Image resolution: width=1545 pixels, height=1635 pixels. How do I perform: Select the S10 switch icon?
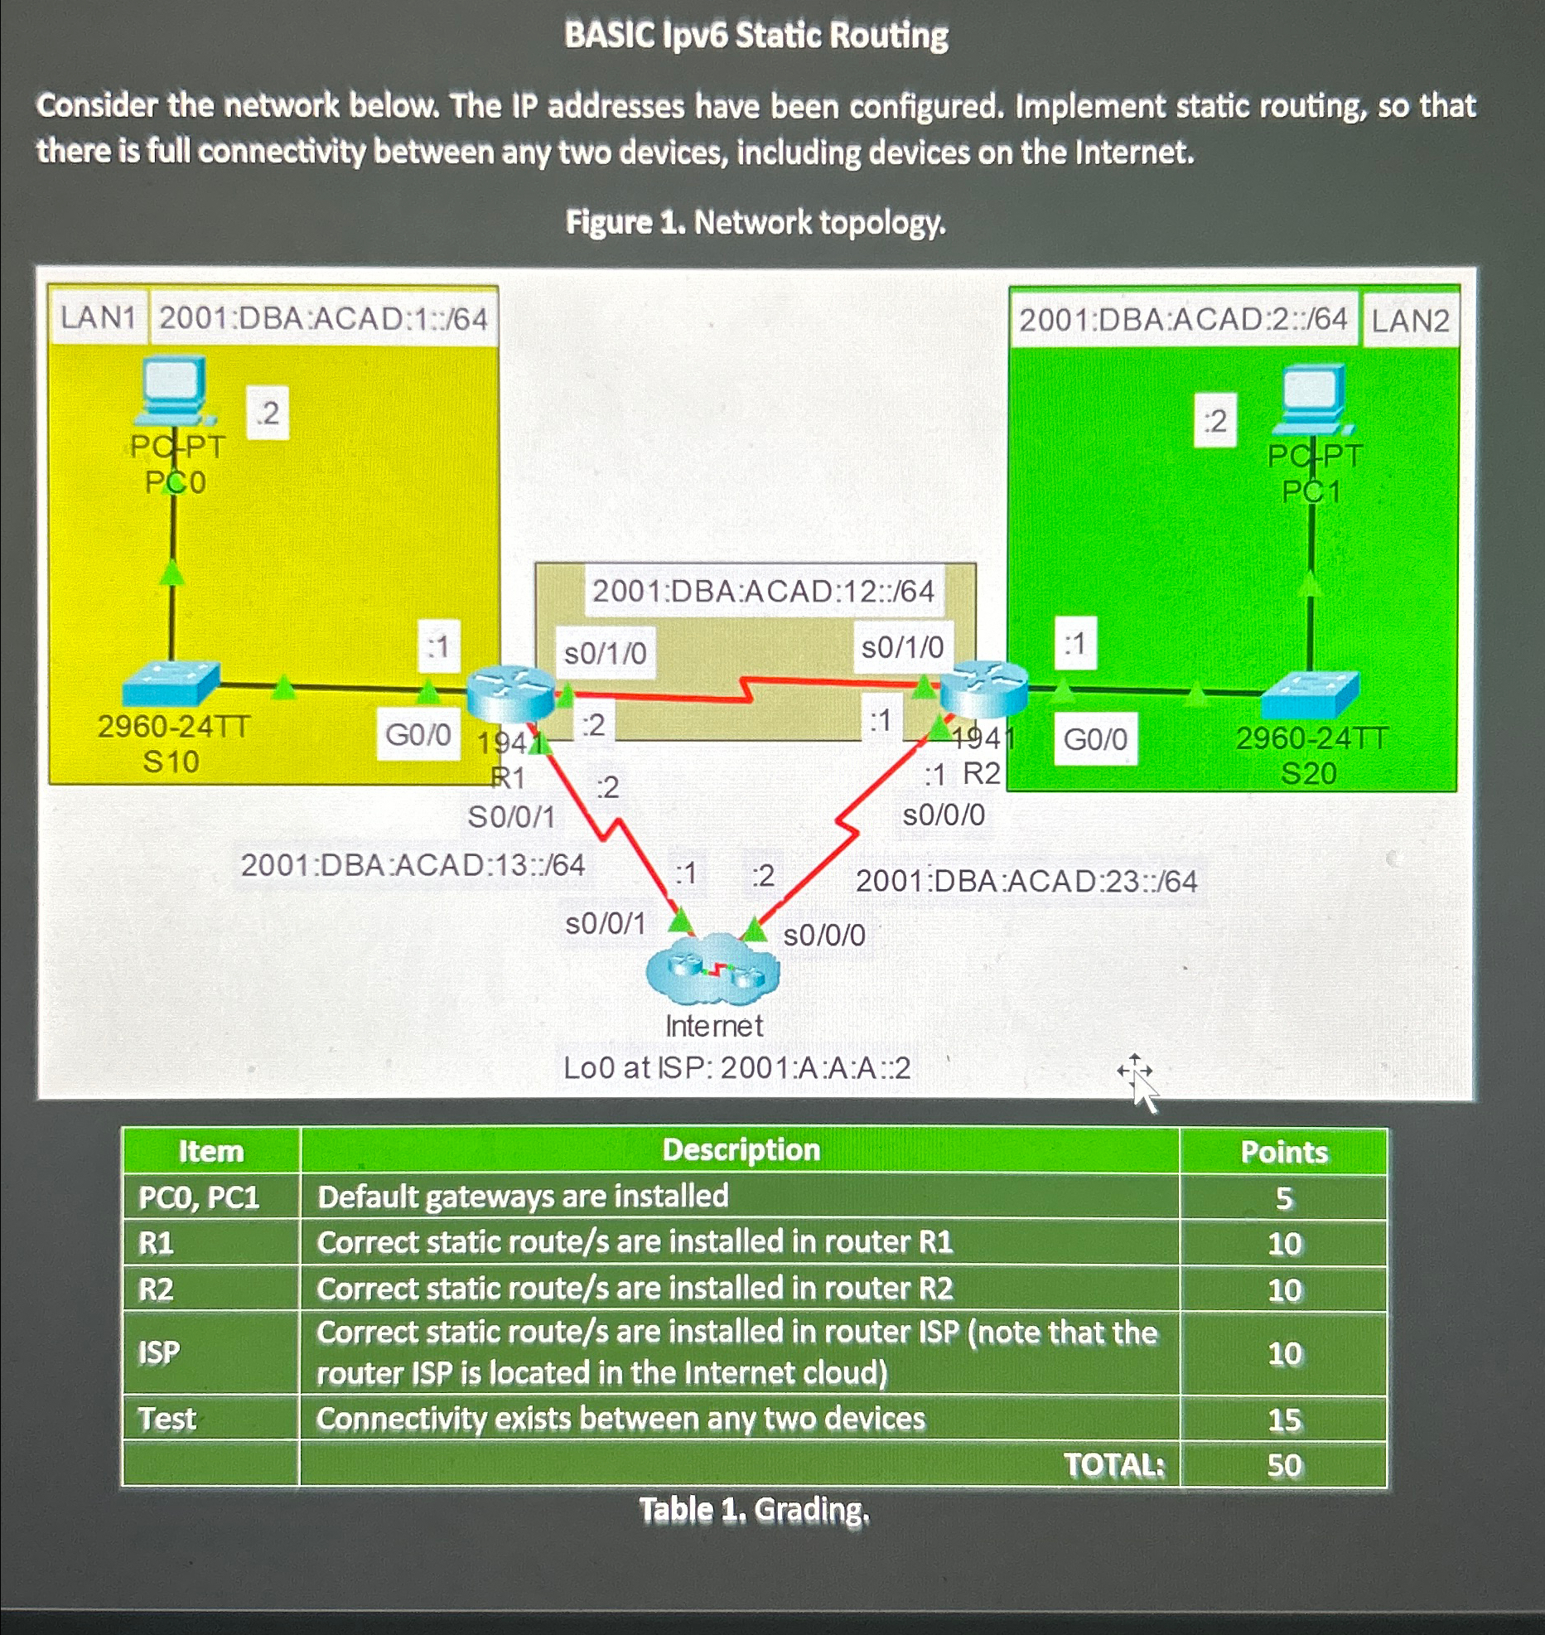[x=171, y=684]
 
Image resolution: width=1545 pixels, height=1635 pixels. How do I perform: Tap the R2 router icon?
[x=984, y=688]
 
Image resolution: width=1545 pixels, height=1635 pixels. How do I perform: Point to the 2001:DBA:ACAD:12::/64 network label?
[x=763, y=592]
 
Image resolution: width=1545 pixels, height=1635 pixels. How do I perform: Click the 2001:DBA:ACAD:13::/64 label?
[x=413, y=865]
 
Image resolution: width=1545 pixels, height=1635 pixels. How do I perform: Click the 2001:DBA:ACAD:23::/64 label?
[x=1026, y=881]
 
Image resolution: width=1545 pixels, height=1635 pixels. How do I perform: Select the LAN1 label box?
[x=98, y=317]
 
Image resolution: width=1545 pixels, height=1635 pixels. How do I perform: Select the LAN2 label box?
[x=1410, y=320]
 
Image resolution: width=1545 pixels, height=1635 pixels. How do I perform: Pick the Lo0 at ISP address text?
[x=736, y=1068]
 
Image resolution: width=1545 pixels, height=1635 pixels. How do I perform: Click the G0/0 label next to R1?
[x=418, y=734]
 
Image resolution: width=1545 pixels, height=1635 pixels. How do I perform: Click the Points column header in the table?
[x=1283, y=1152]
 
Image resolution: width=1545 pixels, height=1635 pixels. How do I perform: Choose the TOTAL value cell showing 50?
[x=1284, y=1466]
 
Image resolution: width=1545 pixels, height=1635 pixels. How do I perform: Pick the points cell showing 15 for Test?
[x=1284, y=1420]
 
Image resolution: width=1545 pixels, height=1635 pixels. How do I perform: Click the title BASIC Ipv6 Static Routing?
[x=756, y=36]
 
